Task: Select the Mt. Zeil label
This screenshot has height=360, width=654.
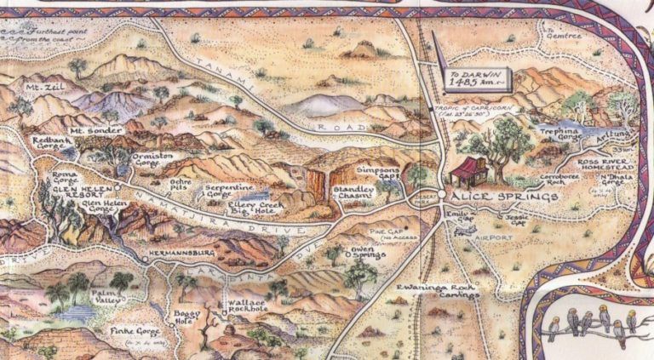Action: click(x=40, y=89)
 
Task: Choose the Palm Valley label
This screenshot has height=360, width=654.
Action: click(x=109, y=294)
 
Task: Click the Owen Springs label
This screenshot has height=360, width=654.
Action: click(x=368, y=251)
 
